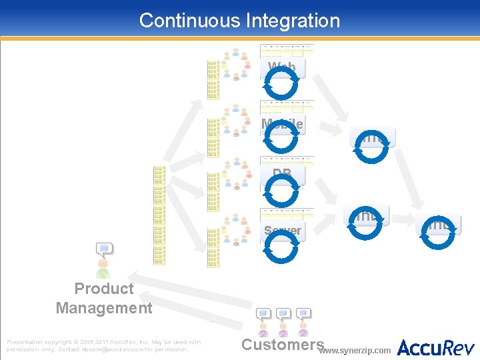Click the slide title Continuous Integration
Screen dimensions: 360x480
tap(239, 21)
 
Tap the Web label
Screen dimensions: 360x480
tap(282, 67)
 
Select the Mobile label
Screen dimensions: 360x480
tap(282, 124)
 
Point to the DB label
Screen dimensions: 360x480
tap(282, 174)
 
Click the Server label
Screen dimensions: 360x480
tap(282, 231)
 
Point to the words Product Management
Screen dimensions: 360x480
tap(104, 298)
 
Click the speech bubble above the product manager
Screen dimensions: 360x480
tap(103, 251)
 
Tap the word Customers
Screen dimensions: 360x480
tap(282, 345)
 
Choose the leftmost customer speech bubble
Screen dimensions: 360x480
tap(263, 313)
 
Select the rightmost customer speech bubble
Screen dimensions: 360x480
tap(303, 313)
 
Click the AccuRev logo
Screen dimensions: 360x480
tap(436, 347)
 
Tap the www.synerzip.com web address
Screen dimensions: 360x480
tap(356, 350)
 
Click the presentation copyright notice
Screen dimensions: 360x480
tap(103, 345)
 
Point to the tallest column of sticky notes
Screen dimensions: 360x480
tap(159, 215)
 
